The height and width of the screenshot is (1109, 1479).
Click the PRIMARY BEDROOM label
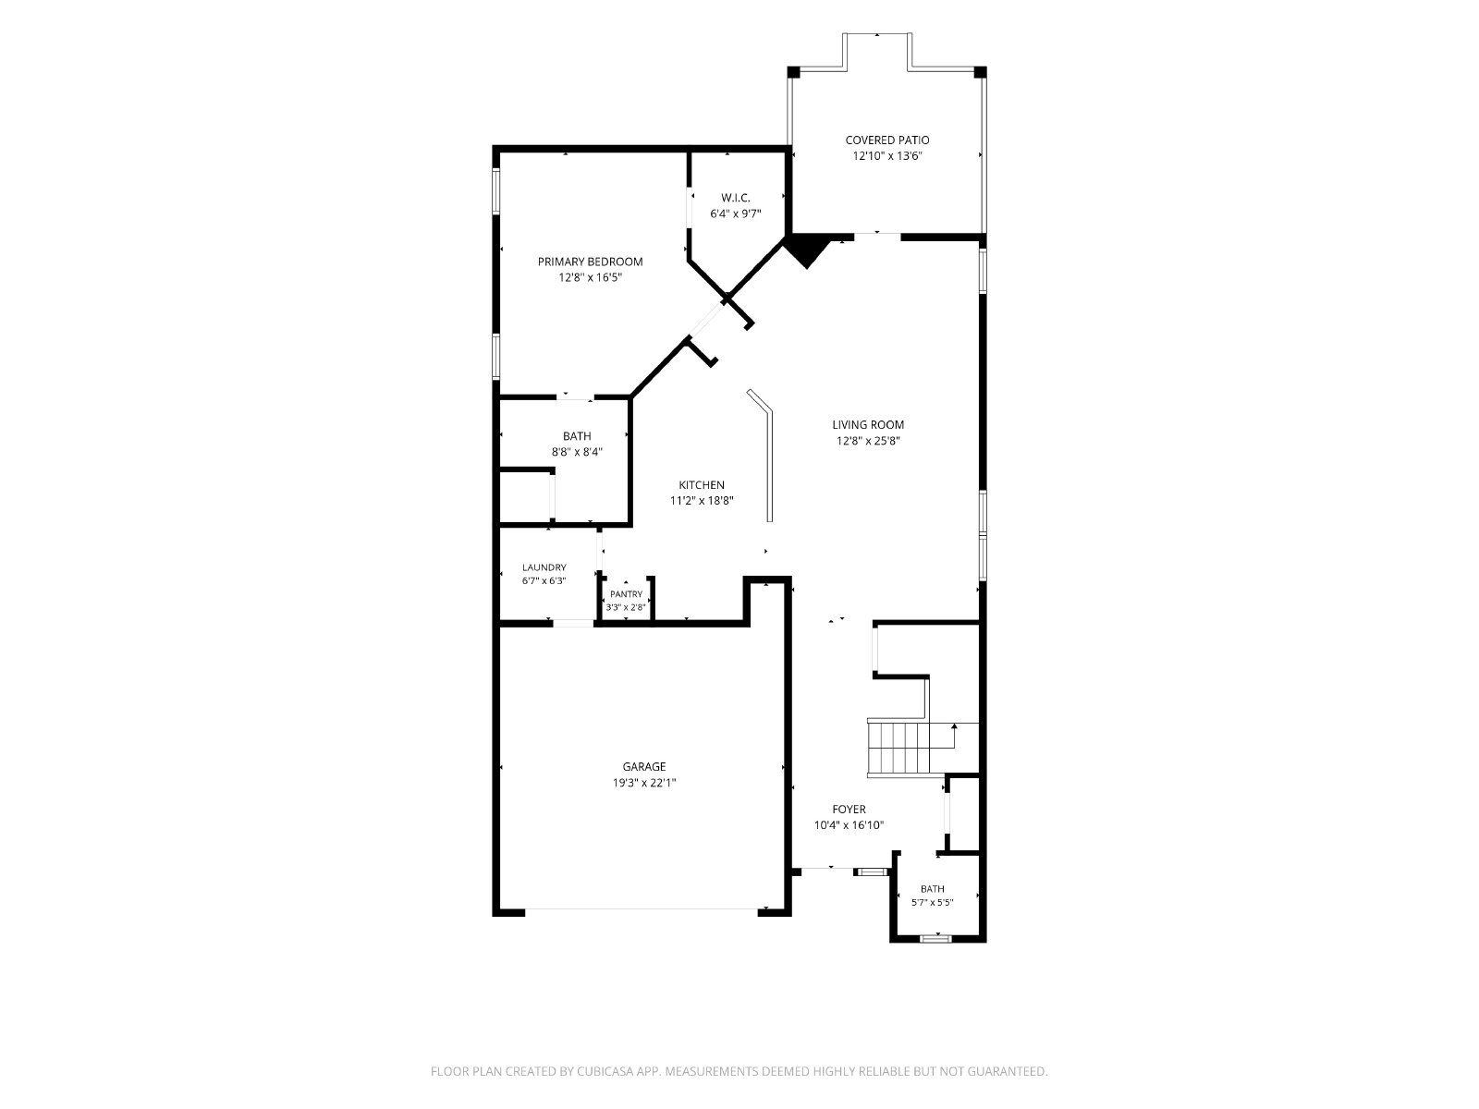click(x=590, y=262)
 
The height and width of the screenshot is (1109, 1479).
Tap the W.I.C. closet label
click(x=735, y=197)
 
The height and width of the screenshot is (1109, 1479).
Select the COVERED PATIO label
click(x=886, y=140)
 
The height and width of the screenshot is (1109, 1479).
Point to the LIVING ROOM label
click(x=868, y=424)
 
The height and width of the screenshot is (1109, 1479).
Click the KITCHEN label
click(x=702, y=485)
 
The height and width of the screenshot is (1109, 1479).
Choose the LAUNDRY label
click(x=544, y=567)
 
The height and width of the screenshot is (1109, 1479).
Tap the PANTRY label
click(x=626, y=594)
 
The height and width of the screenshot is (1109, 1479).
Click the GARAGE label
click(x=644, y=766)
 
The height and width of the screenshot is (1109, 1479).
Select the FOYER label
click(x=849, y=809)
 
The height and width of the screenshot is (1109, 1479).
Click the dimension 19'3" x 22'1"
click(x=644, y=783)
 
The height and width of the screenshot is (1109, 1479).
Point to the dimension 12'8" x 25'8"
click(x=868, y=441)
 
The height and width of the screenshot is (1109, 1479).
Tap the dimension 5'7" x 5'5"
click(x=933, y=902)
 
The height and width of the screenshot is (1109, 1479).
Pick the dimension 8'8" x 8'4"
click(x=577, y=453)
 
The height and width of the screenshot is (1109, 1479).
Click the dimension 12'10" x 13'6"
click(x=886, y=156)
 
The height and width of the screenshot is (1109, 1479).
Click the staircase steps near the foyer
click(x=898, y=748)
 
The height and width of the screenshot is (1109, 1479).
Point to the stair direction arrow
click(x=953, y=736)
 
